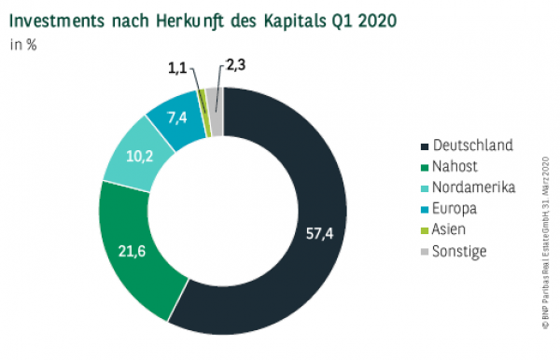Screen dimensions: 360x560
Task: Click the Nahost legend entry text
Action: click(x=455, y=166)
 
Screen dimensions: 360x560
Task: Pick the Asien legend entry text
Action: click(x=452, y=228)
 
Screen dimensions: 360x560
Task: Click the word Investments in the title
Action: click(x=63, y=19)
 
